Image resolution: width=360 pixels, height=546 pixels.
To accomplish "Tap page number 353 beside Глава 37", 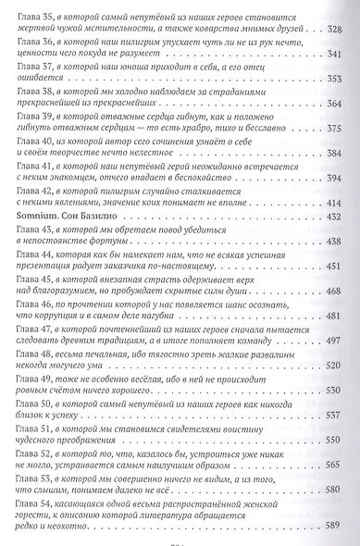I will click(x=341, y=80).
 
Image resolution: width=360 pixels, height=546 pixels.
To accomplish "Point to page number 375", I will click(x=341, y=130).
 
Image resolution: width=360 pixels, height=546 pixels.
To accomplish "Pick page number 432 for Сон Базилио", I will click(x=341, y=216).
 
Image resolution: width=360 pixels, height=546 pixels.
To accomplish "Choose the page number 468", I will click(x=341, y=289).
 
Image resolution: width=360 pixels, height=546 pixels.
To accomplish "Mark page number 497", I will click(x=341, y=339).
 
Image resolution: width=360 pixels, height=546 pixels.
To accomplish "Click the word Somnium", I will click(x=37, y=216).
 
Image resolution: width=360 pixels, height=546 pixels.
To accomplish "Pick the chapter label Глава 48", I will click(x=35, y=353).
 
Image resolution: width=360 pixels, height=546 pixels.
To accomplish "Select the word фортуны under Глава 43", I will click(x=119, y=242).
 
